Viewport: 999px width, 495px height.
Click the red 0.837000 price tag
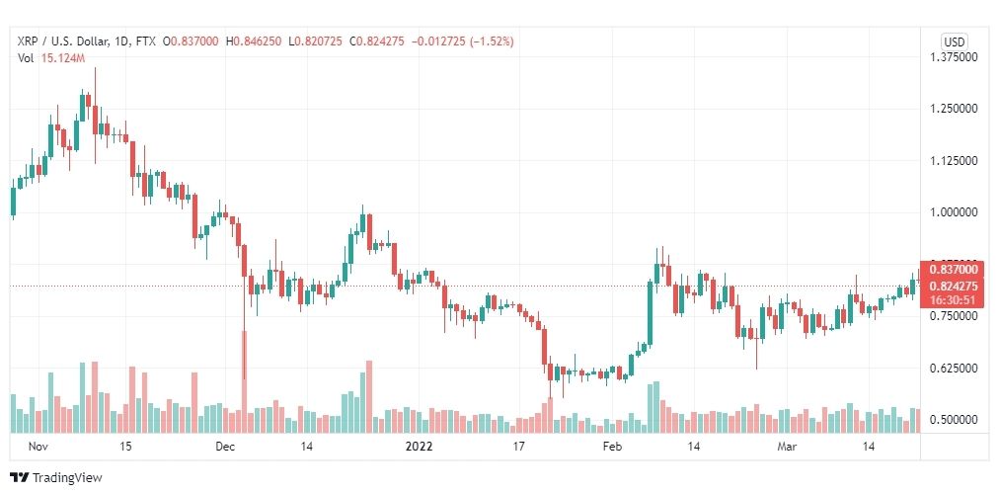click(x=954, y=269)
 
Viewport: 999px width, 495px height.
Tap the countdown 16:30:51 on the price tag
click(x=954, y=300)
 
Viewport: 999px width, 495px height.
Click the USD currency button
click(x=954, y=41)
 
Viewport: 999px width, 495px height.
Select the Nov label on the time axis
click(x=38, y=447)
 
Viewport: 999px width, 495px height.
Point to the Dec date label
click(x=226, y=447)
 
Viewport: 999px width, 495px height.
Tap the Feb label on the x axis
click(x=612, y=447)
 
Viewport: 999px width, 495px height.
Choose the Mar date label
click(x=787, y=447)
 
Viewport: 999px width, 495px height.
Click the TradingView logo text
click(x=67, y=478)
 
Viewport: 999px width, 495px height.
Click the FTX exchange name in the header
click(x=146, y=41)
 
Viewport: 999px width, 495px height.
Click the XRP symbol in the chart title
click(x=29, y=41)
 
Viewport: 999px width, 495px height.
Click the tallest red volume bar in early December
click(x=242, y=381)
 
